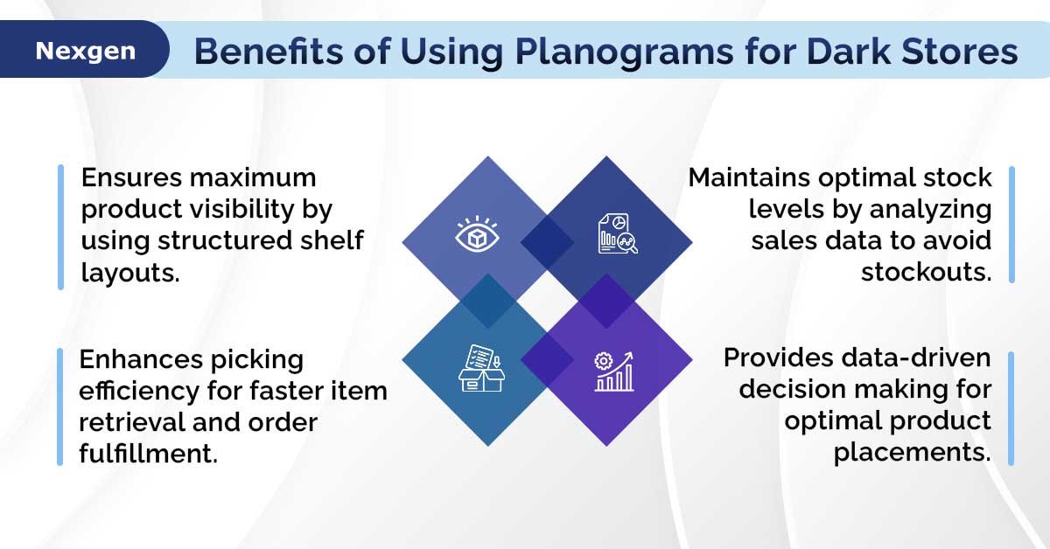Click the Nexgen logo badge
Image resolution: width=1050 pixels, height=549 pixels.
[x=84, y=49]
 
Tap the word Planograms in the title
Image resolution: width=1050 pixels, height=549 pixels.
[x=624, y=52]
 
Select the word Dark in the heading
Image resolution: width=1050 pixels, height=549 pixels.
[x=849, y=51]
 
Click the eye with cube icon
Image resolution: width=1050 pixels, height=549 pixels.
[x=477, y=234]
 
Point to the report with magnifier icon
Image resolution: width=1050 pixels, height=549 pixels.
[x=618, y=233]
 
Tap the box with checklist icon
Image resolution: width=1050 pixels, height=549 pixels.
[x=481, y=368]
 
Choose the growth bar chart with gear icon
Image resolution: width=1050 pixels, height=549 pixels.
[x=614, y=372]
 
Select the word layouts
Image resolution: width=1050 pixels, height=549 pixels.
[x=130, y=273]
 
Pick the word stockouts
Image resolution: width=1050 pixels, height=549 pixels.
[x=927, y=272]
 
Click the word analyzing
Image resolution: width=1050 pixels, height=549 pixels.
[x=931, y=210]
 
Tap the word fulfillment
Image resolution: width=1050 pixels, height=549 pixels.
[x=148, y=453]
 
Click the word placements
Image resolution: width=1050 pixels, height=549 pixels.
[x=912, y=453]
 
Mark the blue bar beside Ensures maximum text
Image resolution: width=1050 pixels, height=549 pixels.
[x=60, y=227]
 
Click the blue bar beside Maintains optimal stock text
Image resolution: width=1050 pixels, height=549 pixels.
[x=1011, y=225]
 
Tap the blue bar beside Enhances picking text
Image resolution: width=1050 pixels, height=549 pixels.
[x=59, y=407]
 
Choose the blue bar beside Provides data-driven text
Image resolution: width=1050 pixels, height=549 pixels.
[x=1011, y=408]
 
